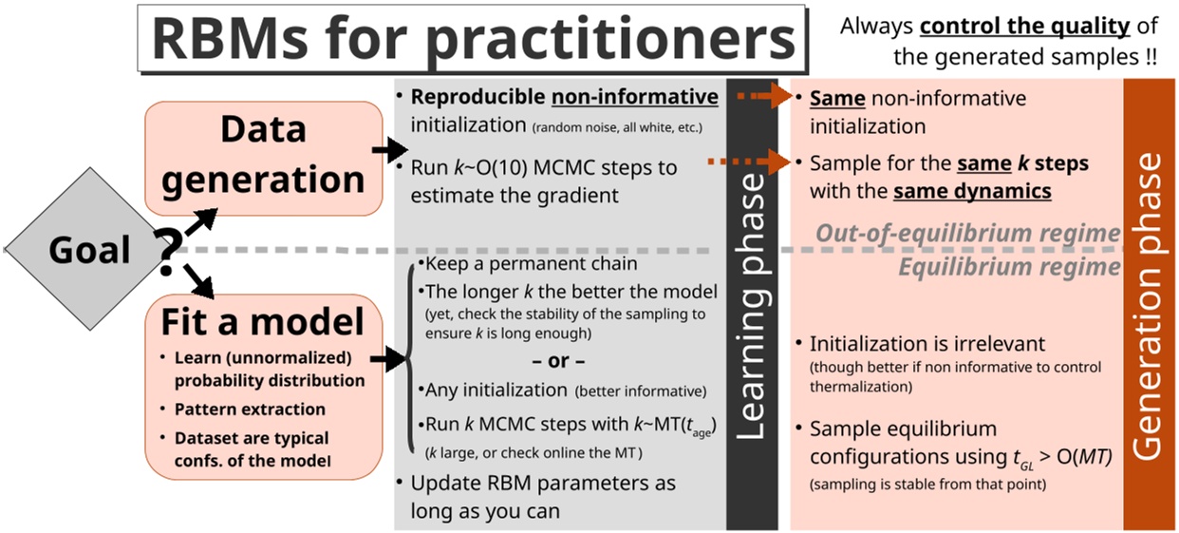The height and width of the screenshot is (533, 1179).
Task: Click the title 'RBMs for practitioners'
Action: pyautogui.click(x=472, y=40)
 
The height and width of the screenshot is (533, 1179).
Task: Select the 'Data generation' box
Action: pyautogui.click(x=264, y=158)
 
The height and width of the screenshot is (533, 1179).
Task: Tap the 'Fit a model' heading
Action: pyautogui.click(x=264, y=321)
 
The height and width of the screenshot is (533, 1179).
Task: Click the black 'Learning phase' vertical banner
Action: pyautogui.click(x=752, y=304)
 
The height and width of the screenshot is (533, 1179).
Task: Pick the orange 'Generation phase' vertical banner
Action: pyautogui.click(x=1149, y=304)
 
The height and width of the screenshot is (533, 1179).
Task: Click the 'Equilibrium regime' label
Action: pyautogui.click(x=1009, y=267)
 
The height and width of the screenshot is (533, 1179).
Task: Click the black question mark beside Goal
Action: pyautogui.click(x=166, y=253)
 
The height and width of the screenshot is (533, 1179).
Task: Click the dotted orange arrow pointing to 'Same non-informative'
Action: pyautogui.click(x=764, y=97)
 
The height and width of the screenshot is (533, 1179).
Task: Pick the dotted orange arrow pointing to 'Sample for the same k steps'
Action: pyautogui.click(x=750, y=162)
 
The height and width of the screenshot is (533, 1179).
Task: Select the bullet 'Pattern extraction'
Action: pyautogui.click(x=249, y=409)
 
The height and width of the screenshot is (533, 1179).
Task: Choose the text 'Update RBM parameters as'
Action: pyautogui.click(x=543, y=483)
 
